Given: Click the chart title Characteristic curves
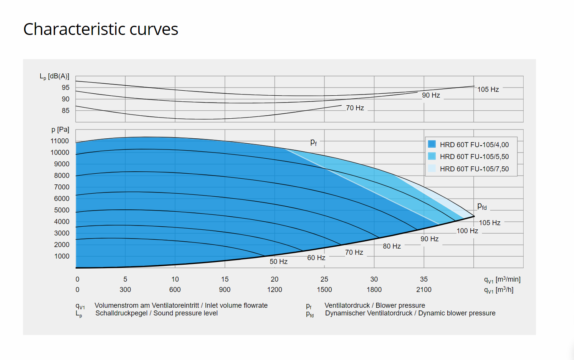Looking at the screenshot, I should (101, 29).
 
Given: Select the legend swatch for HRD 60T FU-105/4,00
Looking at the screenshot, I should (432, 144).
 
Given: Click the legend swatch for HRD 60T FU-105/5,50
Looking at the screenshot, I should (432, 156).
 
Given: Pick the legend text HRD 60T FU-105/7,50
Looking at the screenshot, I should (474, 169).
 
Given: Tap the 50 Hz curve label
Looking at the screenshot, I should (278, 262).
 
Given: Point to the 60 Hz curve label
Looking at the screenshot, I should (316, 258).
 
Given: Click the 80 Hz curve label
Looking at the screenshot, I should (392, 246).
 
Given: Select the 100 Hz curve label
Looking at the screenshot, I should (467, 231).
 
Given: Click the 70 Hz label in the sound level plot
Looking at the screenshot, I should (355, 108).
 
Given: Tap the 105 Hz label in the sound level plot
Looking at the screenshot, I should (488, 90).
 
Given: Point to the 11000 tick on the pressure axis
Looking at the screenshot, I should (60, 141).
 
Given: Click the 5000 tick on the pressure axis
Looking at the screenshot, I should (62, 210).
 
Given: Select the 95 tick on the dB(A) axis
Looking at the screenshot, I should (66, 88).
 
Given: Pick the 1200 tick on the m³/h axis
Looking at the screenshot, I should (275, 290).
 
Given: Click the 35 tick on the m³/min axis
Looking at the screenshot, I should (423, 279).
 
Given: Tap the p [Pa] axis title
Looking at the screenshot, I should (60, 129).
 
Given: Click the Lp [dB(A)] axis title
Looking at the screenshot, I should (55, 76).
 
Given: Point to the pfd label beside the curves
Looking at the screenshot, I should (482, 206).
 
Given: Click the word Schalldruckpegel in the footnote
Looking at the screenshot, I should (121, 313).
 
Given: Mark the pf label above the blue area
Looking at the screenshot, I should (314, 142).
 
